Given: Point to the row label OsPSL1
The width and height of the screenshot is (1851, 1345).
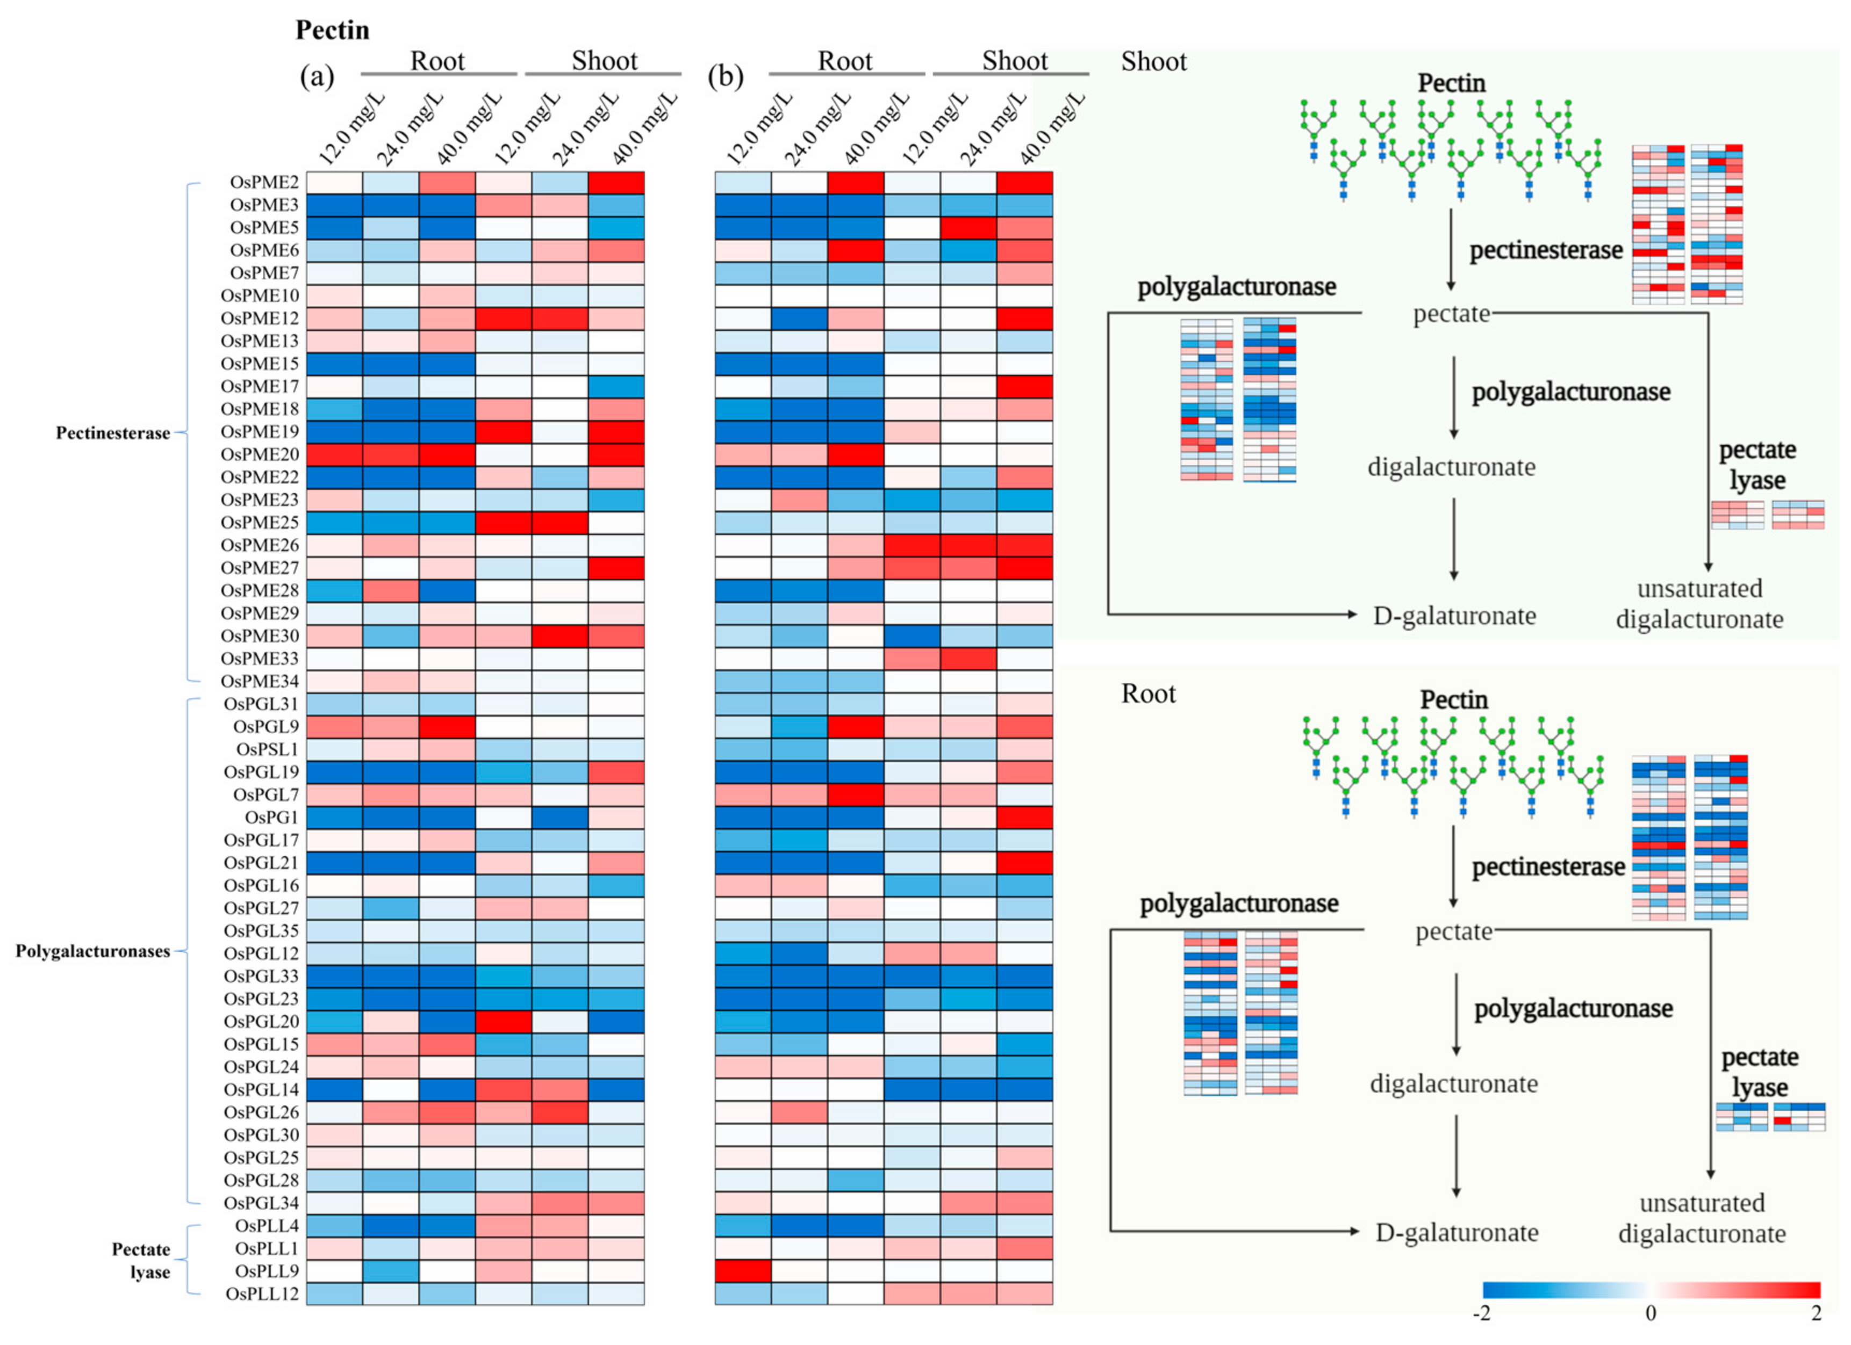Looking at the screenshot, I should tap(267, 749).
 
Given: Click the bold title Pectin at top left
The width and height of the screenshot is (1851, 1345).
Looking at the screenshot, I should tap(332, 30).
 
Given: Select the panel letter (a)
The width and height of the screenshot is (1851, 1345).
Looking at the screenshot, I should tap(317, 77).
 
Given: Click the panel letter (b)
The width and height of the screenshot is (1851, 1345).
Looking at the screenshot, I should tap(724, 77).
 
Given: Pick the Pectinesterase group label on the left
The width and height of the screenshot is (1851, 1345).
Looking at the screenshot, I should tap(113, 432).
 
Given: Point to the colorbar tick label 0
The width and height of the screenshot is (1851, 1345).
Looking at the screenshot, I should tap(1650, 1313).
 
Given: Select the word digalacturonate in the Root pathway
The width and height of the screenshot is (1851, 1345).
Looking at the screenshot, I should tap(1453, 1083).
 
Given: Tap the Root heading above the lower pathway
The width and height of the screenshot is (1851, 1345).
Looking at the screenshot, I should tap(1149, 693).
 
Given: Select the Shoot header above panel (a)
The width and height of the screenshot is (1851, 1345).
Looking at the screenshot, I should tap(604, 61).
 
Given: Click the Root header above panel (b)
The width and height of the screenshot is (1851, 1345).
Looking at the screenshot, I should tap(845, 61).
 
